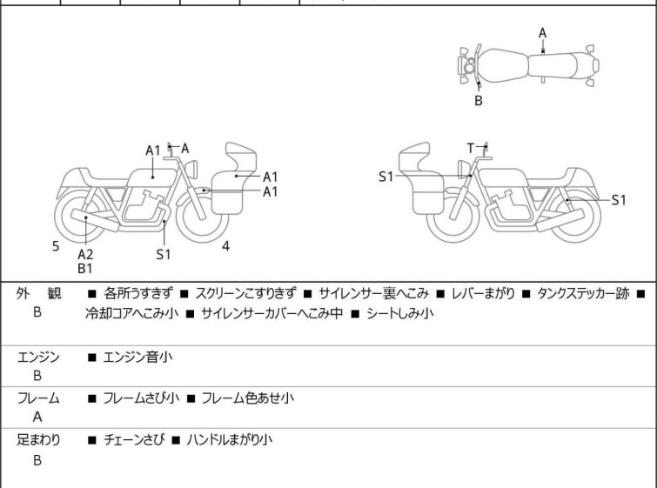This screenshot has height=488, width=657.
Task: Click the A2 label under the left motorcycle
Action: click(85, 254)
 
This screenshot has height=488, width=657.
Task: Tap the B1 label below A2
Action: click(85, 269)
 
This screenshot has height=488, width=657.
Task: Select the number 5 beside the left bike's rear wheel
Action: click(56, 246)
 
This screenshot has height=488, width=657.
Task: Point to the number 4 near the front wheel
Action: click(225, 246)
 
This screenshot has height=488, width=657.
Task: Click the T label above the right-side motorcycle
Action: click(471, 148)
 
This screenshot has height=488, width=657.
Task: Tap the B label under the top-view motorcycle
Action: click(478, 101)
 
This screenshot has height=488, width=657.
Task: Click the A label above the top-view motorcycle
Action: click(542, 33)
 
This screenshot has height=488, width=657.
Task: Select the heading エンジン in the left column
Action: click(38, 356)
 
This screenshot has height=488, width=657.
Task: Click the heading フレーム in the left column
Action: click(38, 398)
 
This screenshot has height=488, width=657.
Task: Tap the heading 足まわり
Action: click(38, 440)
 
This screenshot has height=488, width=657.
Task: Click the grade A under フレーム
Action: click(37, 418)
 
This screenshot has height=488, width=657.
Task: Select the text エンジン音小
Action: click(138, 356)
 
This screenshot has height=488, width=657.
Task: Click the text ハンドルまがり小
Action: click(229, 440)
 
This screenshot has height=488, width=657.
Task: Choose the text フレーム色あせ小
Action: click(247, 398)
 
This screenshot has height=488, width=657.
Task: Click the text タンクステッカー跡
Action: click(583, 293)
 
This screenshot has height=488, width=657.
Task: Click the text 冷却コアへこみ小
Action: click(131, 313)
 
